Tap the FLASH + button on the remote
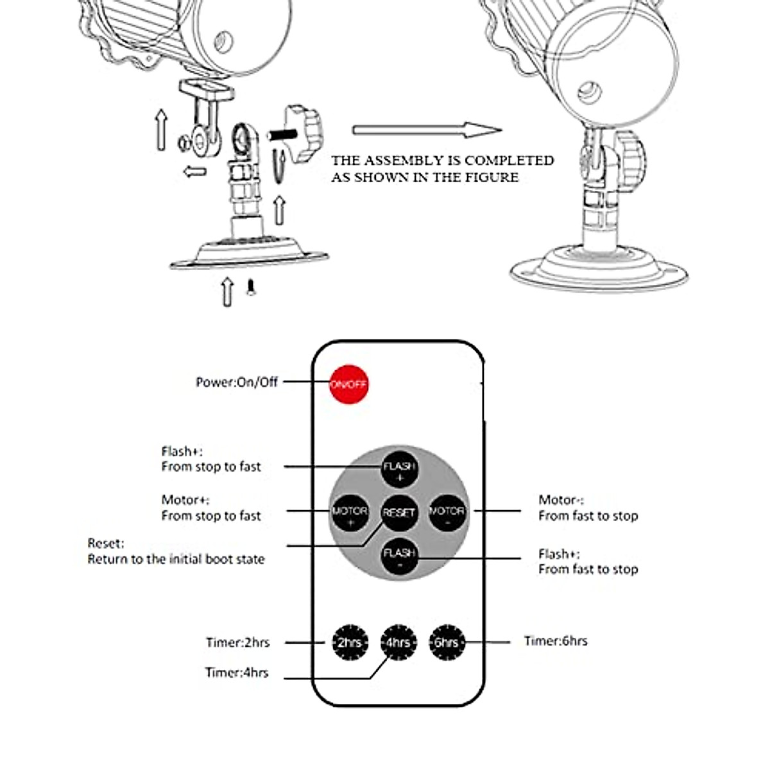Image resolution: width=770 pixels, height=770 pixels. pyautogui.click(x=399, y=470)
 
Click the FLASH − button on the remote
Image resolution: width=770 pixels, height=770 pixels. pyautogui.click(x=399, y=556)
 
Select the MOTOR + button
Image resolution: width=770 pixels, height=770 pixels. pyautogui.click(x=350, y=513)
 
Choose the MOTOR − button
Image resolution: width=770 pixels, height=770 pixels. pyautogui.click(x=447, y=513)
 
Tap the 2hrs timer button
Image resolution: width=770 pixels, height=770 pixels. pyautogui.click(x=350, y=642)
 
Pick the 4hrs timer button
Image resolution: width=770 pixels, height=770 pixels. pyautogui.click(x=398, y=642)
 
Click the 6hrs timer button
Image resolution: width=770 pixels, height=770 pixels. pyautogui.click(x=446, y=642)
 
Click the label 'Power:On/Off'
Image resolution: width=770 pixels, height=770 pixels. pyautogui.click(x=237, y=382)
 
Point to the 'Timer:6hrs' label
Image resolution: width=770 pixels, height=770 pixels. pyautogui.click(x=555, y=640)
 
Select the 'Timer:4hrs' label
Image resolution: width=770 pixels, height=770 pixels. pyautogui.click(x=237, y=672)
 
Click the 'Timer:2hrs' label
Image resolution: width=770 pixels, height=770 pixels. pyautogui.click(x=237, y=642)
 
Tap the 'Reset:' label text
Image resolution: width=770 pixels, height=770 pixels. pyautogui.click(x=106, y=543)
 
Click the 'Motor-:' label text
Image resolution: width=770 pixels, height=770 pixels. pyautogui.click(x=561, y=499)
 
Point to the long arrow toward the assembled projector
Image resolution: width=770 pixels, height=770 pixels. pyautogui.click(x=426, y=130)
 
